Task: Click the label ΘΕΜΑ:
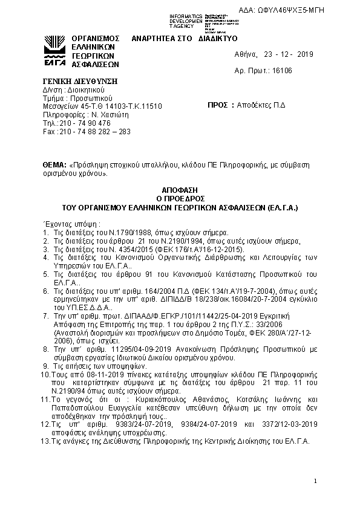coord(54,164)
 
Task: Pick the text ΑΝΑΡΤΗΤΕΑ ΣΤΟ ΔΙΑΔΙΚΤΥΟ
coord(175,37)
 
